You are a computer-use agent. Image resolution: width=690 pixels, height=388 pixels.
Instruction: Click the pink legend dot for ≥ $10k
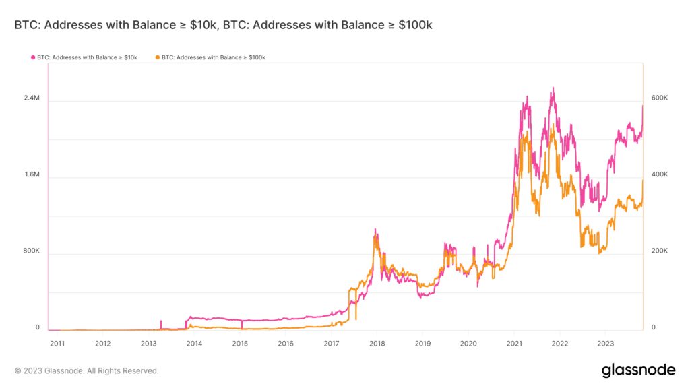click(32, 58)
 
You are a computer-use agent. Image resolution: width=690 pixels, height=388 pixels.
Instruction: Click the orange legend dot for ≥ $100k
click(158, 58)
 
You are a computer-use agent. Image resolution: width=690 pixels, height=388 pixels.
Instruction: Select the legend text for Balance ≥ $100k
click(214, 58)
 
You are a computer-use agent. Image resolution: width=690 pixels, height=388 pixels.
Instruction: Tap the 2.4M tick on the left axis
click(32, 98)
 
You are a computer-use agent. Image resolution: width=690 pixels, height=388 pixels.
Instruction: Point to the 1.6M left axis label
click(32, 174)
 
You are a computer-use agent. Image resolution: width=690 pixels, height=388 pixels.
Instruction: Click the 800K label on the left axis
click(31, 251)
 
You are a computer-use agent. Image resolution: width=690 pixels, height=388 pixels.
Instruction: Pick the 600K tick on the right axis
click(658, 98)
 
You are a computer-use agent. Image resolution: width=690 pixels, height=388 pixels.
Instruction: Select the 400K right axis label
click(658, 174)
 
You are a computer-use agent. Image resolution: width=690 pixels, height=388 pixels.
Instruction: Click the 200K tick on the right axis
click(658, 251)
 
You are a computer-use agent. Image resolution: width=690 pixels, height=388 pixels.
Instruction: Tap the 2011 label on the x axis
click(57, 343)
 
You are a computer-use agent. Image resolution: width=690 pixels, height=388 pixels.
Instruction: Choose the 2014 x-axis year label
click(194, 343)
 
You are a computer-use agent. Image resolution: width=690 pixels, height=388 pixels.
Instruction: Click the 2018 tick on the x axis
click(376, 343)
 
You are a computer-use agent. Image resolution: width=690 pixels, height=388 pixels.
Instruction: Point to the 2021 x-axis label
click(513, 343)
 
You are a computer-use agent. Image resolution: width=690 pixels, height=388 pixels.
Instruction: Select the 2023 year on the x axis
click(605, 343)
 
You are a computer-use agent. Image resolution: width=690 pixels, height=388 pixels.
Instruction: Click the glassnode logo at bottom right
click(637, 370)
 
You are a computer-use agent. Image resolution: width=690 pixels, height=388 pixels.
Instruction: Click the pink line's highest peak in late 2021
click(553, 88)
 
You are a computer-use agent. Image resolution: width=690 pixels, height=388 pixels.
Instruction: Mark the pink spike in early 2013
click(161, 321)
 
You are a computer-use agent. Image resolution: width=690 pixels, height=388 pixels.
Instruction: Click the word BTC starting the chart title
click(25, 25)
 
